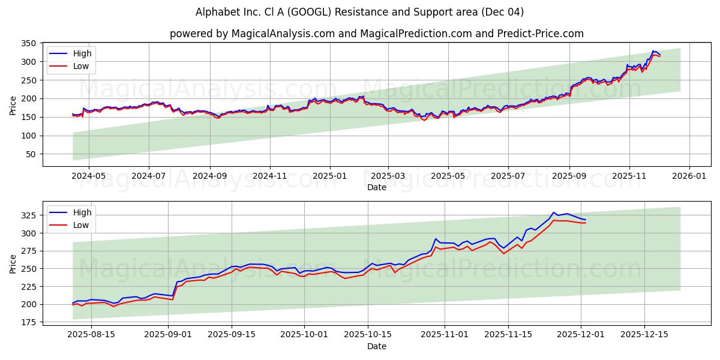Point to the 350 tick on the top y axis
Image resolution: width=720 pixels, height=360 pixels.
pos(28,43)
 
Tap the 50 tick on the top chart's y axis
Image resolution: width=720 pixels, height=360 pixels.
pos(31,154)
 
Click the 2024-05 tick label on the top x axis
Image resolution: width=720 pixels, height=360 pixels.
pos(88,176)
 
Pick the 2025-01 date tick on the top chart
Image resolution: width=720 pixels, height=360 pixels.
pos(329,176)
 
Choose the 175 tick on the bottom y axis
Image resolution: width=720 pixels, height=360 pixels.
pos(28,323)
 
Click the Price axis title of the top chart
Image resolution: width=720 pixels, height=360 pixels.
pos(13,105)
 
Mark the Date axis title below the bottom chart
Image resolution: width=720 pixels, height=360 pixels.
pos(376,346)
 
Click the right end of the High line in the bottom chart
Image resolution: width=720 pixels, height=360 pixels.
pos(586,220)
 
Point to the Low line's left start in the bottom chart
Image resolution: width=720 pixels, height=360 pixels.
pos(73,305)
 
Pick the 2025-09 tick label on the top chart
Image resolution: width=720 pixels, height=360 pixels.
pos(569,176)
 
